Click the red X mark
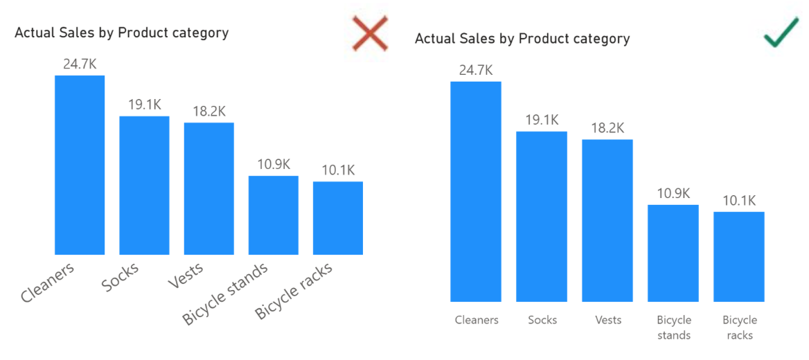click(x=370, y=33)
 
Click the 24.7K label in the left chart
click(x=80, y=64)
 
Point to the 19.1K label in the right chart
click(x=542, y=120)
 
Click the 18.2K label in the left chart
click(x=208, y=111)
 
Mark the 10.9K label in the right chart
click(x=673, y=193)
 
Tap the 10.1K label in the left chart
click(x=338, y=170)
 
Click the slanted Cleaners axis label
click(x=47, y=282)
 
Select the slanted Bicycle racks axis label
click(x=294, y=291)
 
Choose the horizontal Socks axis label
click(x=542, y=320)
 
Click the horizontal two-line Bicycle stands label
click(x=674, y=327)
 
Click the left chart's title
click(x=121, y=33)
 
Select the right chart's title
click(x=522, y=39)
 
